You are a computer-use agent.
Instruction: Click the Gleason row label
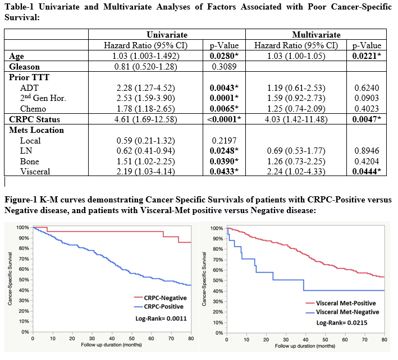(25, 66)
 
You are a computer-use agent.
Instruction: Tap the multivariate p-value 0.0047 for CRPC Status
(366, 119)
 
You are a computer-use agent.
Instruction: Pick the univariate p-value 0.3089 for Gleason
(224, 66)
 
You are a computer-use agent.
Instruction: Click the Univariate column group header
(167, 35)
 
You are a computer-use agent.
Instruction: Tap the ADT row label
(29, 87)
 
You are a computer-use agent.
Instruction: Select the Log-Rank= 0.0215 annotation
(342, 323)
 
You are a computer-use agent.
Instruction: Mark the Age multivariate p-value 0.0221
(366, 56)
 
